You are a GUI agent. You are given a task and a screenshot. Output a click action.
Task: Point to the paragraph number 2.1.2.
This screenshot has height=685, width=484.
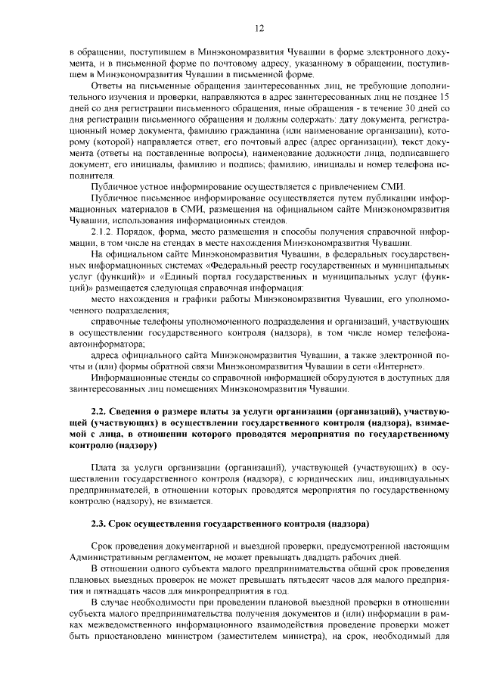[x=101, y=229]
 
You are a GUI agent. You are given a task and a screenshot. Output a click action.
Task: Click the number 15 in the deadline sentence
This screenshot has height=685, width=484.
[x=445, y=98]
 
